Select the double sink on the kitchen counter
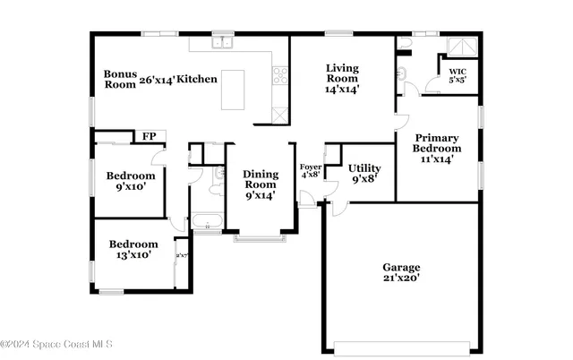click(x=221, y=42)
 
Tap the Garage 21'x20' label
click(x=401, y=272)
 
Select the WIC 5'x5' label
click(x=457, y=74)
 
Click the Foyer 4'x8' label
click(x=310, y=170)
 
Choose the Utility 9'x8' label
click(x=364, y=173)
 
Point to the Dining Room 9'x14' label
click(x=259, y=184)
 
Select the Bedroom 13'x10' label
click(x=133, y=249)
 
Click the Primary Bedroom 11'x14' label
click(x=437, y=148)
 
